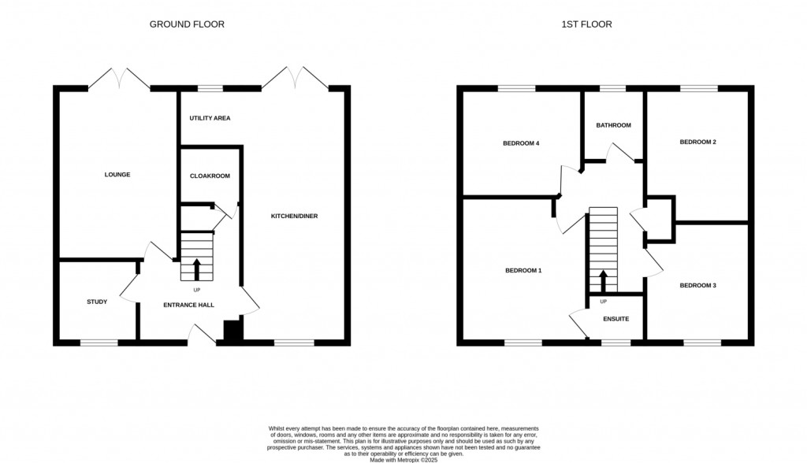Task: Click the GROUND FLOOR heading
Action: click(187, 24)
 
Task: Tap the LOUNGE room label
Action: click(117, 175)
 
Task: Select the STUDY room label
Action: click(97, 302)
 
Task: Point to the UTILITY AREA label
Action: click(210, 118)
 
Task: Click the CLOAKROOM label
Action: click(210, 176)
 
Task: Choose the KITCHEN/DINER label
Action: click(294, 216)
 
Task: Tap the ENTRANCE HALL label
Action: click(188, 305)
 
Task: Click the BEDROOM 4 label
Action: click(521, 143)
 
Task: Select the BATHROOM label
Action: click(613, 125)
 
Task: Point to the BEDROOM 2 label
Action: click(697, 143)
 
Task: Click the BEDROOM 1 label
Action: click(523, 271)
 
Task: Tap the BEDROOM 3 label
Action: click(697, 285)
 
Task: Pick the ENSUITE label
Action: click(615, 319)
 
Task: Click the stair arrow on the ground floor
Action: click(196, 268)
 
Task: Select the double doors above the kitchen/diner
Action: click(296, 78)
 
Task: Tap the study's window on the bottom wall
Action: click(99, 343)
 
